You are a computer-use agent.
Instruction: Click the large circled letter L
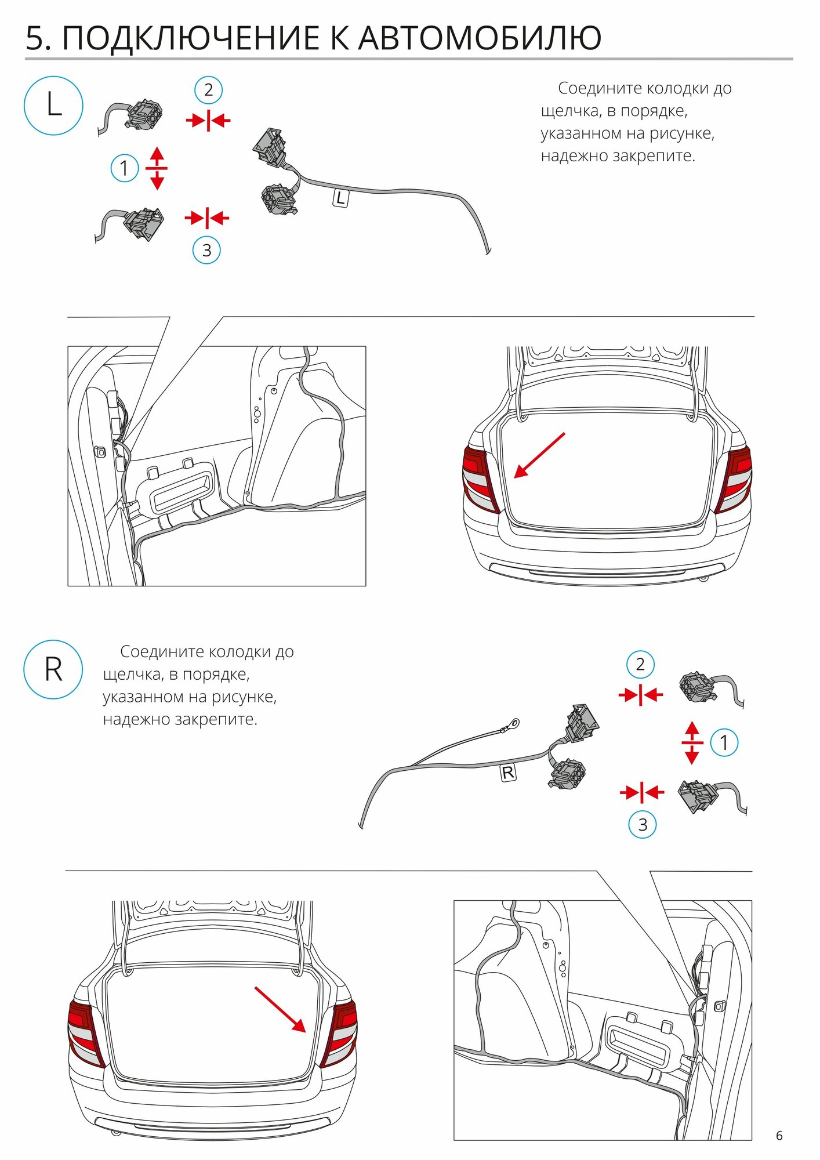tap(53, 106)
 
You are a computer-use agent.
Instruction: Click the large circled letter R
tap(53, 669)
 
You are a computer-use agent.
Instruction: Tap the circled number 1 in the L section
tap(124, 168)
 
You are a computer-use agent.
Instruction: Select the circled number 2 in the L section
tap(208, 90)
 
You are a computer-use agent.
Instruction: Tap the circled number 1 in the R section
tap(724, 742)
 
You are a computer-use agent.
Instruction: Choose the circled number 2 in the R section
tap(640, 664)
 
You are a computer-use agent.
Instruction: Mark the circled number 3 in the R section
tap(643, 824)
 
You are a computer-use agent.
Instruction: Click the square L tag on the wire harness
tap(340, 198)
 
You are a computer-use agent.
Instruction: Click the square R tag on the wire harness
tap(508, 773)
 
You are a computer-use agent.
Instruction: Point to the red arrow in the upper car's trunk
tap(539, 455)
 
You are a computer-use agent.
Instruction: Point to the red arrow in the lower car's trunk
tap(280, 1009)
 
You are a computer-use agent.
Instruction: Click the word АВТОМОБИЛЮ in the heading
tap(480, 38)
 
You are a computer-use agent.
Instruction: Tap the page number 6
tap(779, 1136)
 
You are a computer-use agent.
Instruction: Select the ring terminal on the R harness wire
tap(513, 723)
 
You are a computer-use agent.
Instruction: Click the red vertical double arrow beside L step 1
tap(157, 168)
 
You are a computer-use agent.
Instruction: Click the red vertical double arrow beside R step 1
tap(692, 742)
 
